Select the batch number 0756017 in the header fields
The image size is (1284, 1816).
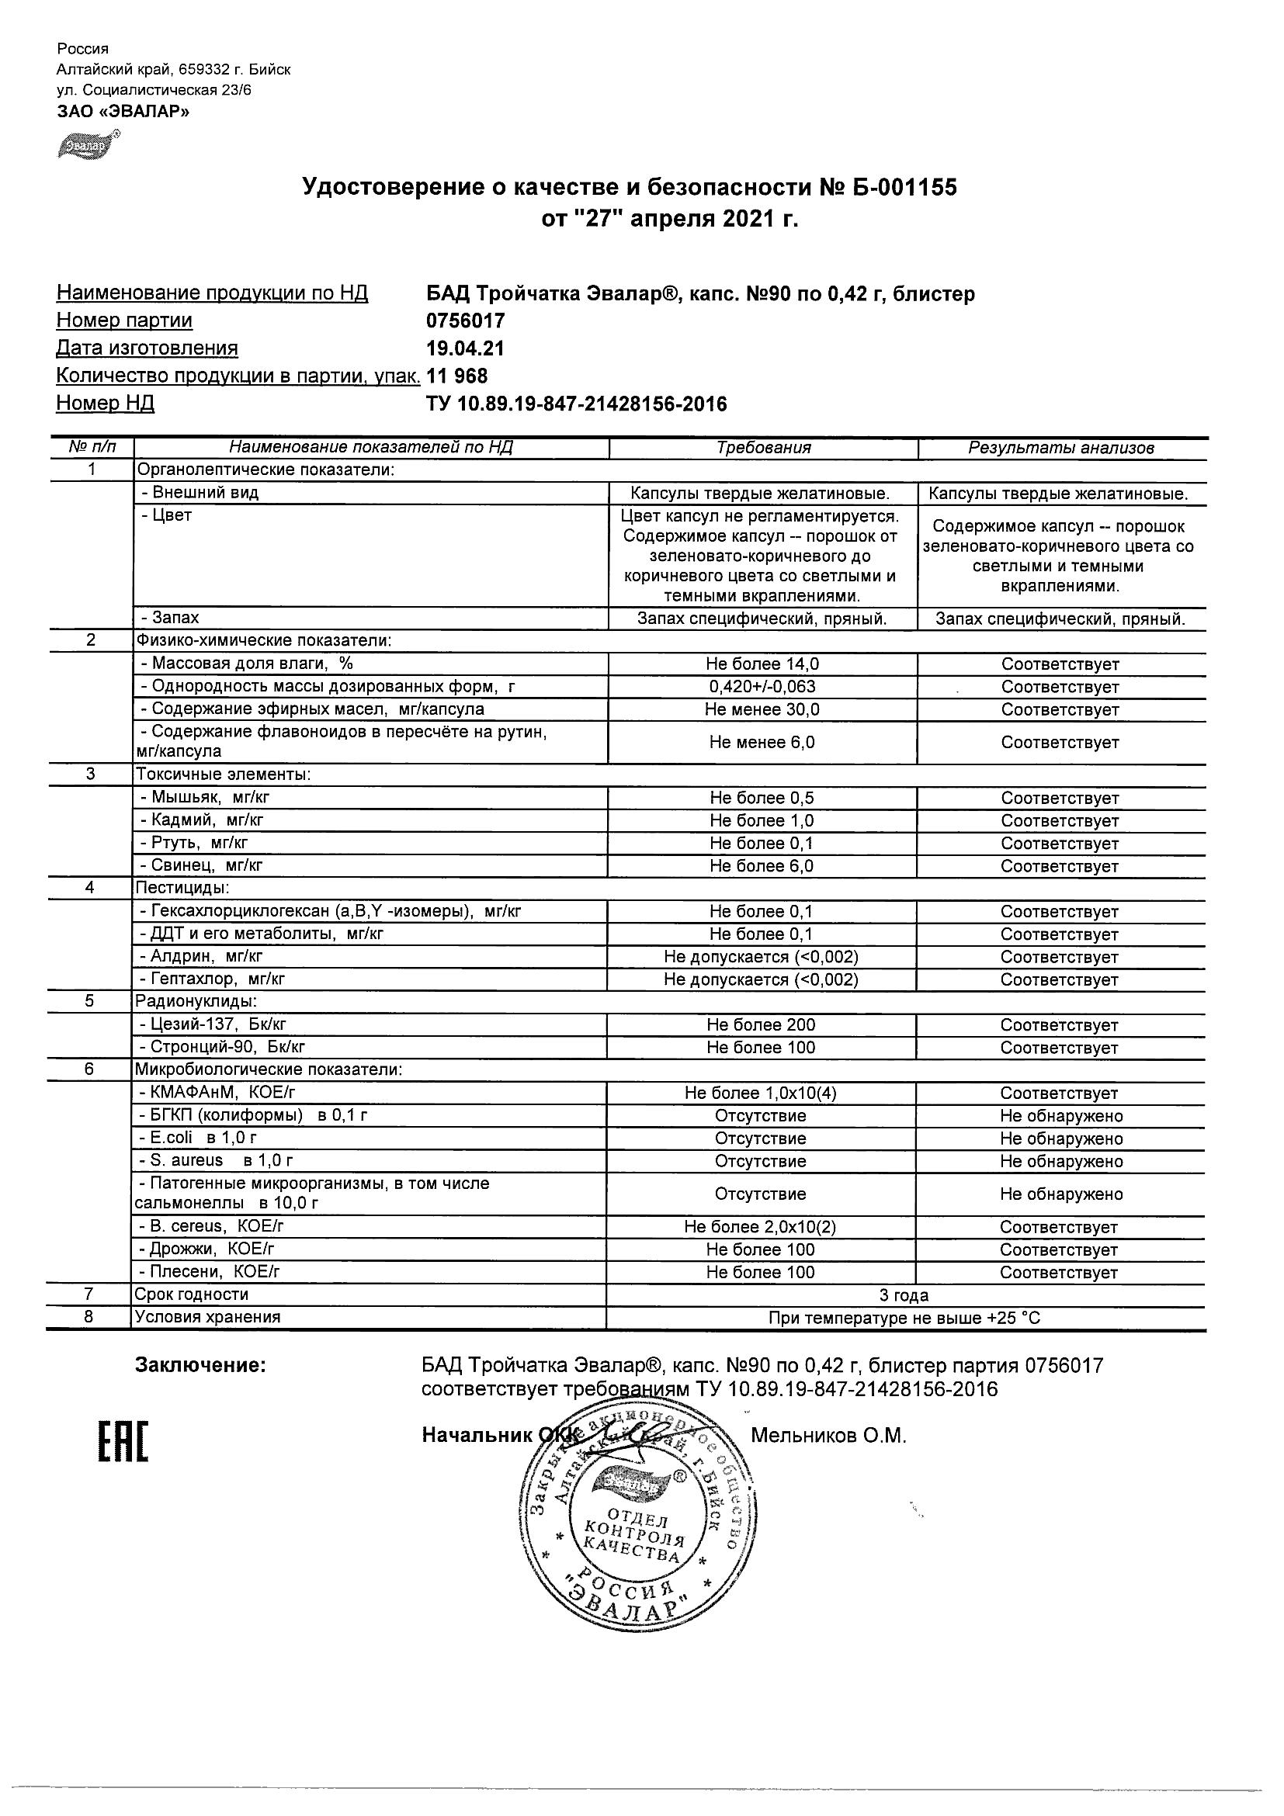click(x=465, y=321)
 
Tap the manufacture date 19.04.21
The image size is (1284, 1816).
click(x=465, y=348)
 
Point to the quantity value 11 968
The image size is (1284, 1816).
click(x=457, y=376)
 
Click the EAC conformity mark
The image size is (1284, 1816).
click(x=123, y=1441)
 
